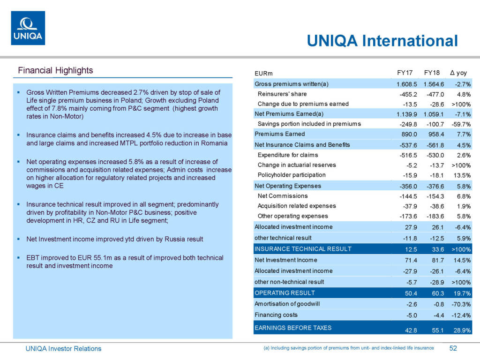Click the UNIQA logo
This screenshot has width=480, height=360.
28,28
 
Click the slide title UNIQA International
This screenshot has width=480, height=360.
382,41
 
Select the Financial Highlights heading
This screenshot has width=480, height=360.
55,70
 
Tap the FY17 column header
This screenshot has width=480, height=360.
405,73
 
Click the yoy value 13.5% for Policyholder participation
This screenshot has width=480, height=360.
461,176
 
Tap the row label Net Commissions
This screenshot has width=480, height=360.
283,196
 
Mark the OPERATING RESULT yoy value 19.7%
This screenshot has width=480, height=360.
461,293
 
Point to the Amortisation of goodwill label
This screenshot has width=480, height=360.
287,304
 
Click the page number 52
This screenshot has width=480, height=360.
453,348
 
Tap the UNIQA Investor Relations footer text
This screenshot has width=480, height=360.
63,348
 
